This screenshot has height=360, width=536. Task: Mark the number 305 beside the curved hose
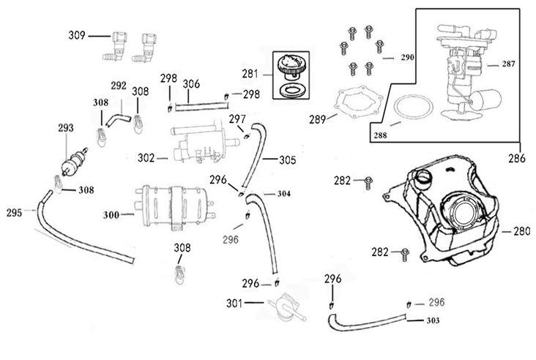[288, 159]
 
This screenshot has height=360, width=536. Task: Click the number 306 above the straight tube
[191, 84]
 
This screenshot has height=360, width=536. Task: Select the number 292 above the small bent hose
[119, 86]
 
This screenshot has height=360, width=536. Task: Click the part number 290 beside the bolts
[406, 56]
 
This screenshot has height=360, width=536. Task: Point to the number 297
[237, 119]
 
